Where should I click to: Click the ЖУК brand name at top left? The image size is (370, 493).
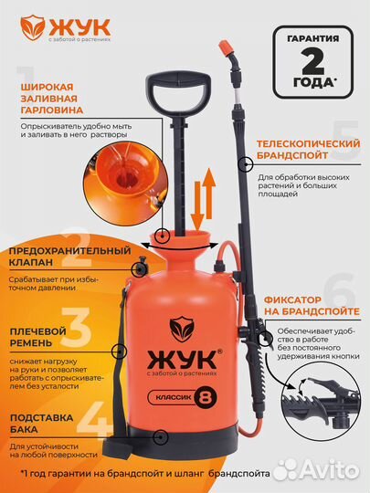point(72,25)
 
